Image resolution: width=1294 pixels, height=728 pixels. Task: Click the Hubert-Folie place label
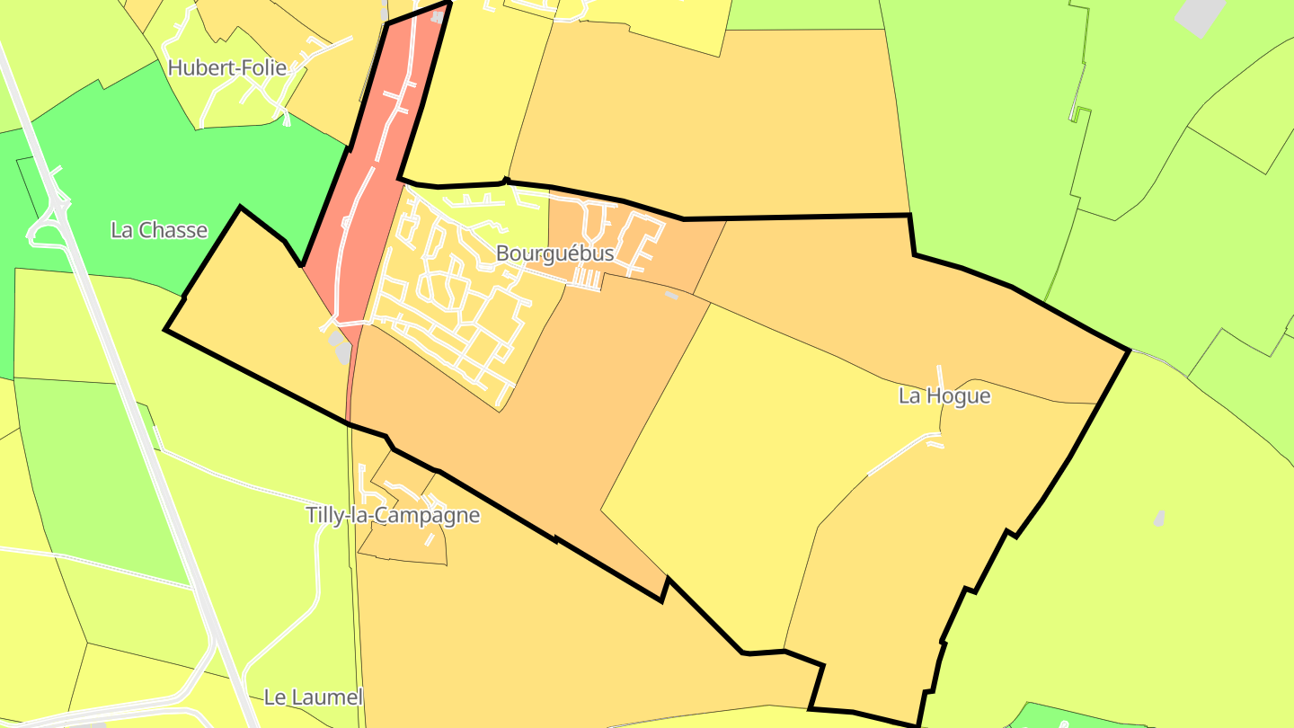226,67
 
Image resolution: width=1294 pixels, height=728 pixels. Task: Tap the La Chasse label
159,230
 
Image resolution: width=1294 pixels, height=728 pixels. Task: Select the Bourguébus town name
554,253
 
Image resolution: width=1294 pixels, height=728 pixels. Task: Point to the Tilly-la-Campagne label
393,516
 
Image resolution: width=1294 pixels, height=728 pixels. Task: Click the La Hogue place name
944,396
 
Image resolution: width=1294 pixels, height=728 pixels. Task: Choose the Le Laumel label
313,697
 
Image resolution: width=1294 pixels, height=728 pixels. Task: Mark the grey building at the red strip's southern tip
340,346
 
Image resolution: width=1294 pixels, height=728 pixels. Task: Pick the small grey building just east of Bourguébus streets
671,295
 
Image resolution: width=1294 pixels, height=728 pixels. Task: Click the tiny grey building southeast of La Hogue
1159,518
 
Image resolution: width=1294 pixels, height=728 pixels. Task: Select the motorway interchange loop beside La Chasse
45,225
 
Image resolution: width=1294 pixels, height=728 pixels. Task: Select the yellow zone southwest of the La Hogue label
764,449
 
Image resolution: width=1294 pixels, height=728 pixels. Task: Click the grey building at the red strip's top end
438,15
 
